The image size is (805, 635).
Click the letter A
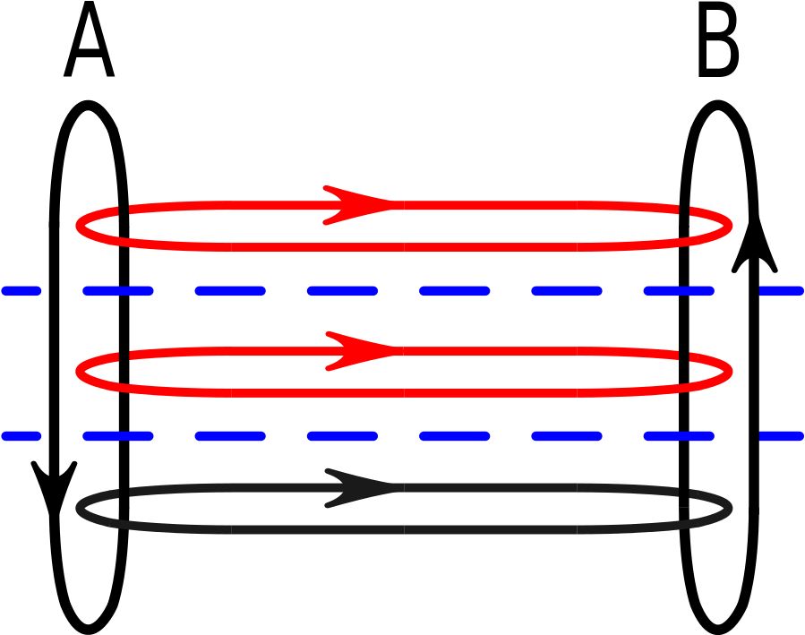tap(89, 39)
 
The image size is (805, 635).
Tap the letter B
tap(718, 39)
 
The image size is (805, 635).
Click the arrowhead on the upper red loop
tap(359, 205)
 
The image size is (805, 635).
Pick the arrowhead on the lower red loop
tap(362, 351)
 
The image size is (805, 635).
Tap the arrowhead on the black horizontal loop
tap(362, 488)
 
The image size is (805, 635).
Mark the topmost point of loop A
tap(89, 104)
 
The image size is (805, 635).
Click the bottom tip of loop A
tap(89, 630)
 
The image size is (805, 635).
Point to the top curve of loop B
tap(718, 104)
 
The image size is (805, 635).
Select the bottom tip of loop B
tap(718, 630)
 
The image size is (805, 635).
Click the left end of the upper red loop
tap(79, 226)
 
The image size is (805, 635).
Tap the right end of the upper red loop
tap(730, 226)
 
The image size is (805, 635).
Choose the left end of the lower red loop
tap(79, 371)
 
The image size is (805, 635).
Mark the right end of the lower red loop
tap(730, 371)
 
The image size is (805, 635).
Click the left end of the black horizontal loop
tap(79, 509)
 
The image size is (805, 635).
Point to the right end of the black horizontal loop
tap(730, 509)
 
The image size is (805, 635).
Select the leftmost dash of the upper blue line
tap(21, 291)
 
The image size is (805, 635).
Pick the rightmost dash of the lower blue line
tap(781, 436)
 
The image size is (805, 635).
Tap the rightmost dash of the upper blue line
tap(781, 291)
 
